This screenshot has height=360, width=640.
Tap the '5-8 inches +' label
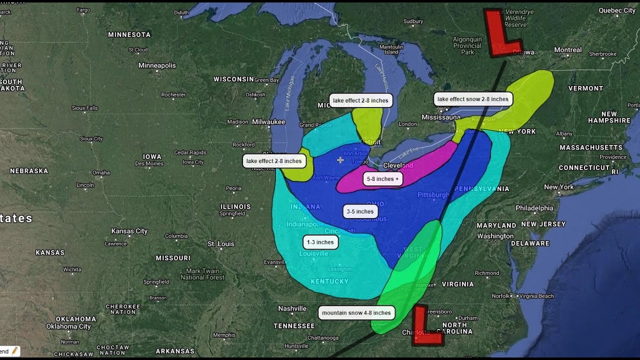click(x=382, y=179)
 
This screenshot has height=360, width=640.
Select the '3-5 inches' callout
click(x=360, y=211)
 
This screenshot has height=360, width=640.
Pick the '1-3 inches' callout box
click(x=320, y=242)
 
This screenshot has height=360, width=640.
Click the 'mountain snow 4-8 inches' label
click(x=356, y=313)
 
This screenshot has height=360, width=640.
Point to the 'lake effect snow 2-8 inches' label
click(x=472, y=99)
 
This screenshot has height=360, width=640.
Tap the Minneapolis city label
click(x=157, y=65)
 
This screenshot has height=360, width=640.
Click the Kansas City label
click(x=129, y=231)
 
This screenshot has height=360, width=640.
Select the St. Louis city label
click(x=220, y=244)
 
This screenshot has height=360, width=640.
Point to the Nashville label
click(x=292, y=308)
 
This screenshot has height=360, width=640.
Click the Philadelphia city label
click(x=534, y=208)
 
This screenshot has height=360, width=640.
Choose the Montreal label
click(x=567, y=50)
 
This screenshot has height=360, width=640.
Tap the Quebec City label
click(x=616, y=10)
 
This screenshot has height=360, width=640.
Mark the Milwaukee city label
click(x=268, y=122)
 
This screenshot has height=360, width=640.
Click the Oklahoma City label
click(x=68, y=326)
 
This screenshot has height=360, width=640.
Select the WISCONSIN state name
click(x=233, y=79)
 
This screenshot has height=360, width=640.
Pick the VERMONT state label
click(x=585, y=88)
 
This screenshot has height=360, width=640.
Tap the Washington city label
click(x=495, y=236)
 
